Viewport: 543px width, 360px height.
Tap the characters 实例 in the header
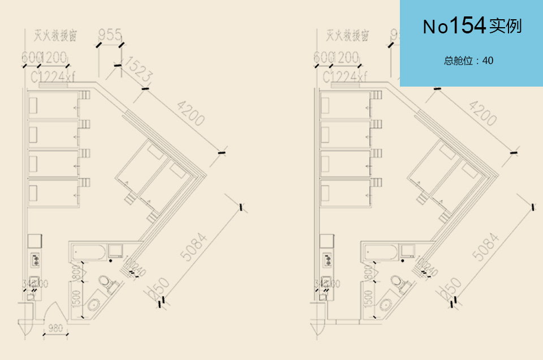505,27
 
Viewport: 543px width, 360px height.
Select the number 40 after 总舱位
488,61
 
